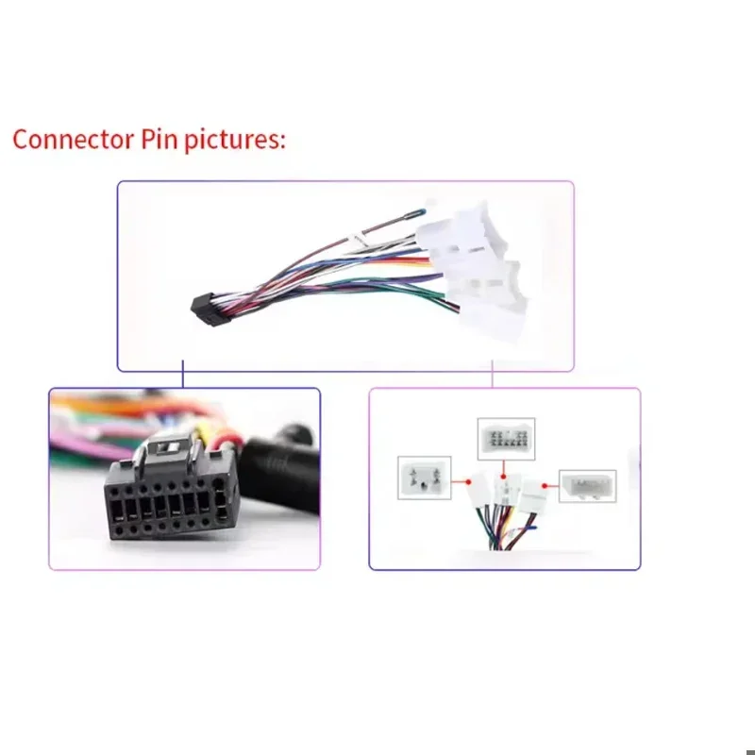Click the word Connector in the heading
pos(74,140)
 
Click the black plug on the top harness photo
pos(210,310)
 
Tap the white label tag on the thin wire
pos(358,239)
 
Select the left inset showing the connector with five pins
pos(424,478)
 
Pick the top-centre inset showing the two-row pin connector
pos(506,439)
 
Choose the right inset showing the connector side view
pos(587,486)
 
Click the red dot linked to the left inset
pos(468,481)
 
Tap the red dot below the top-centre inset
pos(503,477)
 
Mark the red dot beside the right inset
pos(545,486)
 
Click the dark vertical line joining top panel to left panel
pos(183,374)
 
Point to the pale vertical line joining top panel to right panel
pos(492,374)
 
